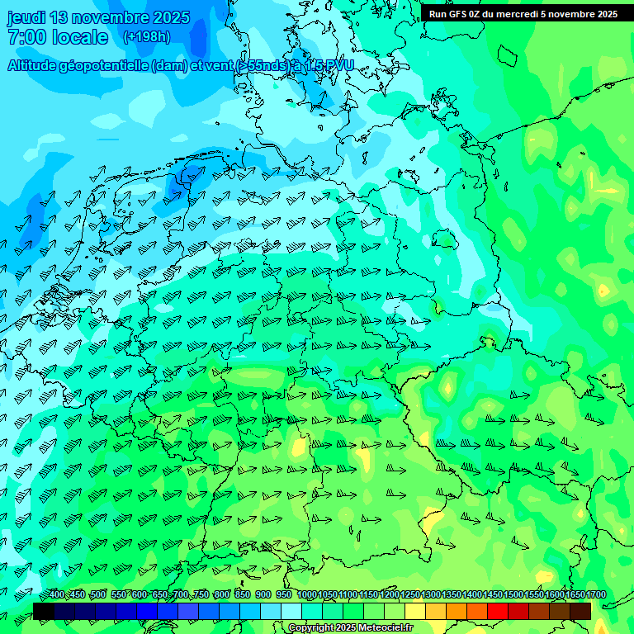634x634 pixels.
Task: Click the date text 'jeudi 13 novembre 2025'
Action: click(98, 17)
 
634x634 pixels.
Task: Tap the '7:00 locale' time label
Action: click(58, 37)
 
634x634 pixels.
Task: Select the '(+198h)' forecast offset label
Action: click(146, 37)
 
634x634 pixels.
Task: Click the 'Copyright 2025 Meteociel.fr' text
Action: click(350, 627)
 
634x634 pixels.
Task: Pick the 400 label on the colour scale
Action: click(56, 595)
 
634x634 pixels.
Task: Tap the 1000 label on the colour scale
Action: click(307, 595)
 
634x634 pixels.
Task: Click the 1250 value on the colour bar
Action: click(410, 595)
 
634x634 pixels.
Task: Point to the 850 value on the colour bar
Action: click(243, 595)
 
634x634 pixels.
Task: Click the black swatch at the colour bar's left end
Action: click(44, 611)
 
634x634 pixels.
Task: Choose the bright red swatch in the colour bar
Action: click(498, 611)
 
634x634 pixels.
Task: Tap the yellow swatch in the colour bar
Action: click(415, 611)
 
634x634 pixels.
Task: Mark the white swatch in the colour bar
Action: click(291, 611)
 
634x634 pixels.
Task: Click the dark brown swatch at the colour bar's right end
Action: click(580, 611)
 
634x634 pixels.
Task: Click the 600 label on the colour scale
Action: click(139, 595)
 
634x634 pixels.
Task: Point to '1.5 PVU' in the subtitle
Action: click(331, 65)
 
